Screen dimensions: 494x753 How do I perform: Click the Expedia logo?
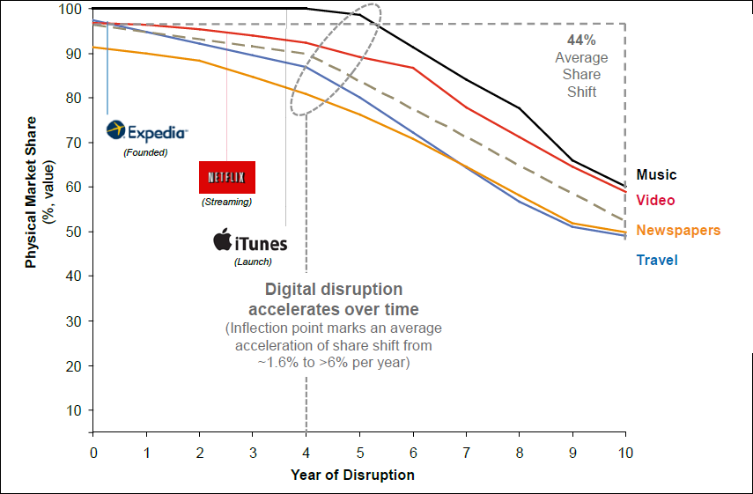[146, 132]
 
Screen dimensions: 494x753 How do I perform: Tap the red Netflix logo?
[226, 177]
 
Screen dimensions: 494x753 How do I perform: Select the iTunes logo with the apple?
[251, 241]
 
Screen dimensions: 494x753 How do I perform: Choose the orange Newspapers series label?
[677, 231]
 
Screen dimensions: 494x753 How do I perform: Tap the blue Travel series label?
[656, 260]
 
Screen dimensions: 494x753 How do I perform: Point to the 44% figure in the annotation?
[580, 40]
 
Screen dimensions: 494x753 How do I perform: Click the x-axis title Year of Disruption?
[352, 475]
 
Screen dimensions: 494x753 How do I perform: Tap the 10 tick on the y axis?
[74, 410]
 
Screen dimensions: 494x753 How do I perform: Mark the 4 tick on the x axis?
[306, 452]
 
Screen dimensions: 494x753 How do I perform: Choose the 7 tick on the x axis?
[465, 452]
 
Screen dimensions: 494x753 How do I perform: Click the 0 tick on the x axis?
[93, 452]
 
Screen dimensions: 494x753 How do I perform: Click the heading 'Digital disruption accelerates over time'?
[333, 299]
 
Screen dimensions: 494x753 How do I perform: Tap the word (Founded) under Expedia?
[145, 152]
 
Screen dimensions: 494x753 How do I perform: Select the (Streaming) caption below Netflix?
[226, 202]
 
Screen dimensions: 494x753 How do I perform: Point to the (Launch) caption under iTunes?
[253, 262]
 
